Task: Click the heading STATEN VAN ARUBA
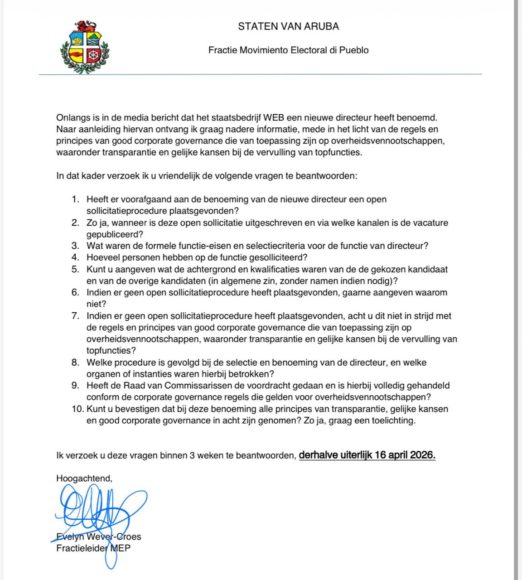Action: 288,26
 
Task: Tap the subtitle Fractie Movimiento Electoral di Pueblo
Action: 288,50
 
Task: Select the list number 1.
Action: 75,199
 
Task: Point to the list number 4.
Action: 75,258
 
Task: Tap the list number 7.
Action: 75,316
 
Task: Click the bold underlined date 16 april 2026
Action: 405,455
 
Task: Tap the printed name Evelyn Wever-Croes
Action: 99,537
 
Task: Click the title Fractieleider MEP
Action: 93,548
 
